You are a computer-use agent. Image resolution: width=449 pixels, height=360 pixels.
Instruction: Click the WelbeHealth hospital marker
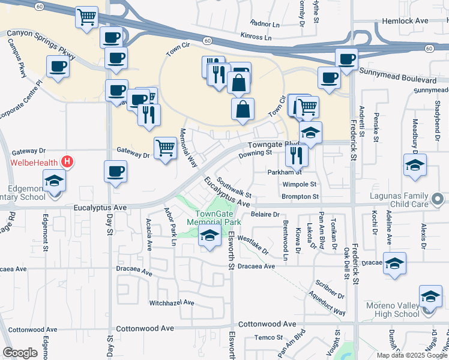(x=67, y=162)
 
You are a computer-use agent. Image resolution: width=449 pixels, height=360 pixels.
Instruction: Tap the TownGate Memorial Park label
(x=214, y=218)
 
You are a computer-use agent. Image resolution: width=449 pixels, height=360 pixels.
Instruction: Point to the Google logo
(x=20, y=353)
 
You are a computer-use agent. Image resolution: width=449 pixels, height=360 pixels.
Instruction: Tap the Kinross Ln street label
(x=255, y=37)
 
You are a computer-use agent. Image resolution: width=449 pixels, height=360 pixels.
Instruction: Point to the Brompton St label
(x=300, y=196)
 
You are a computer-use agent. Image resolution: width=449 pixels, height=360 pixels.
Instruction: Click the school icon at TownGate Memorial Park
(x=209, y=237)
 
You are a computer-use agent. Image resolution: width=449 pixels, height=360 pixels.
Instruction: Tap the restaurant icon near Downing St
(x=297, y=155)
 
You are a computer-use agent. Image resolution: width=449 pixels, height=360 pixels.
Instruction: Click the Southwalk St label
(x=234, y=187)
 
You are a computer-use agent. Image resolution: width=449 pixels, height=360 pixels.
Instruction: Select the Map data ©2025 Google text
(x=412, y=355)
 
